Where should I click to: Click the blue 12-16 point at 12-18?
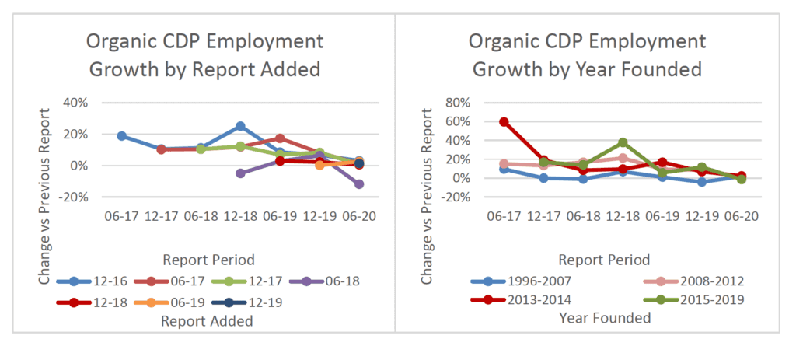(x=240, y=126)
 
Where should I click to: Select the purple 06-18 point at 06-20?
(x=358, y=184)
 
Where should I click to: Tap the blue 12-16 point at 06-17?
(x=122, y=136)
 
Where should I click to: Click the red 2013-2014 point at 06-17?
(x=504, y=122)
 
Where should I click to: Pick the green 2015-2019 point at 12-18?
(x=623, y=143)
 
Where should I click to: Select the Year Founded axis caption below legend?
(x=605, y=318)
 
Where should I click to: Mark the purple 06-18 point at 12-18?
(x=240, y=173)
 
